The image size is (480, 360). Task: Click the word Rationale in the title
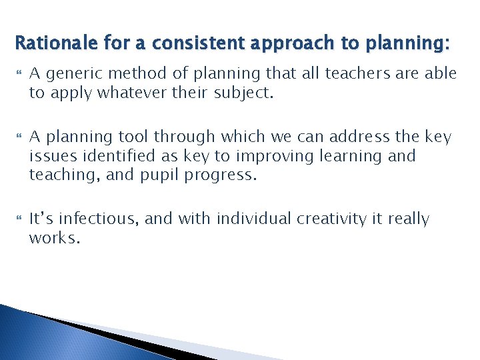point(49,44)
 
